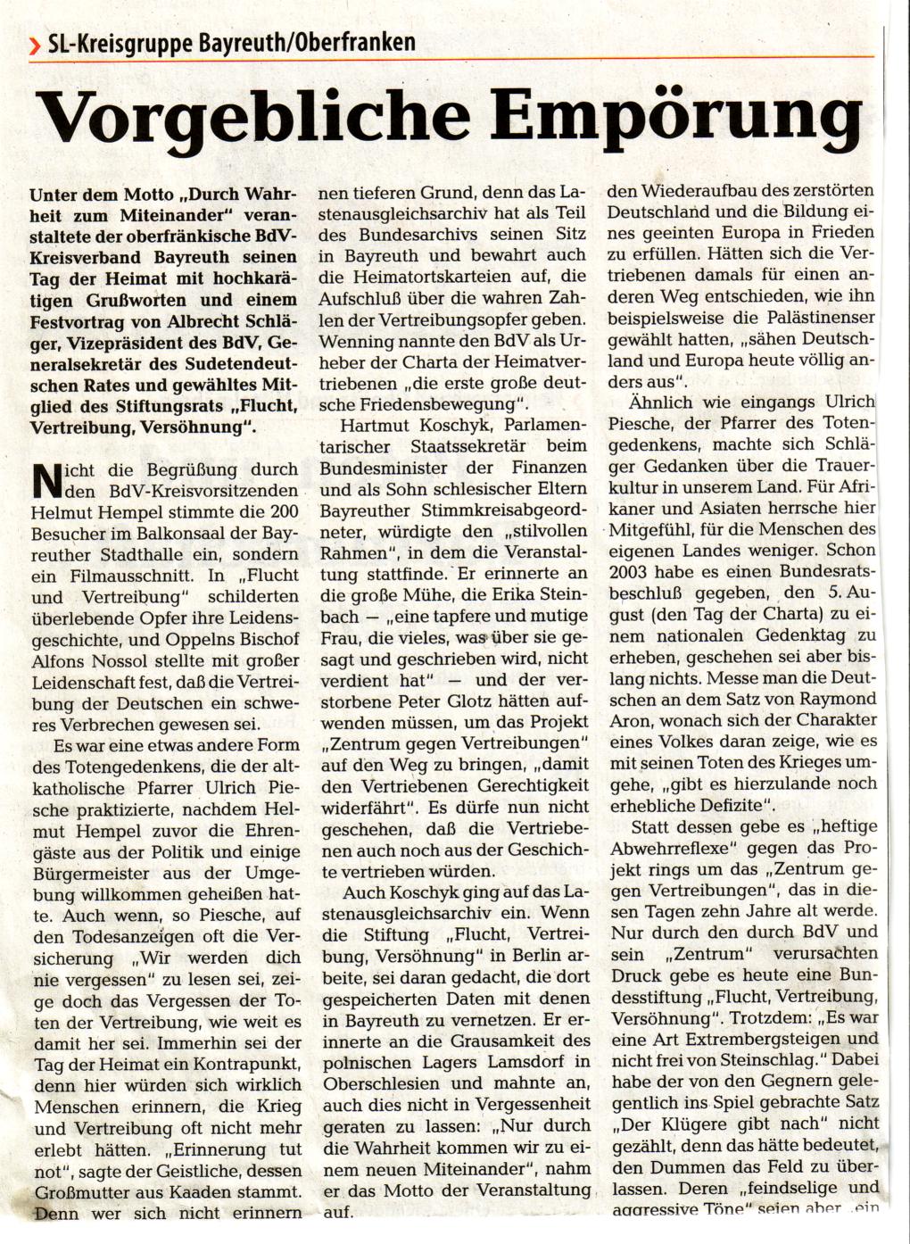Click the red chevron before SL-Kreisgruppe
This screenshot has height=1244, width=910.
[34, 43]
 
